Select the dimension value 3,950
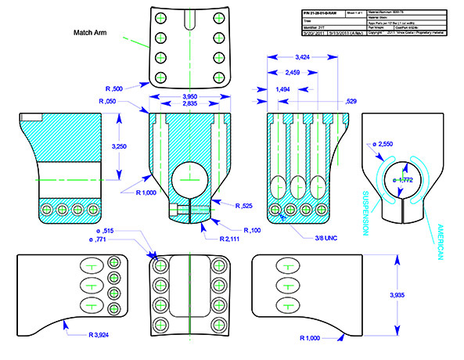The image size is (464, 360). (189, 95)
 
